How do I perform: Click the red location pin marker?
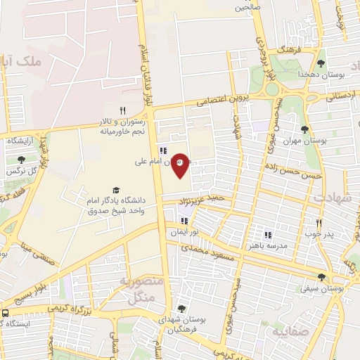tap(180, 165)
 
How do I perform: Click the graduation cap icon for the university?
tap(115, 190)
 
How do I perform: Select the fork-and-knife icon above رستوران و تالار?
tap(122, 110)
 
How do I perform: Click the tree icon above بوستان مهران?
tap(304, 129)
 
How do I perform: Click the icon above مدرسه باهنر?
tap(267, 235)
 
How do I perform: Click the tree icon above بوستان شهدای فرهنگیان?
tap(181, 309)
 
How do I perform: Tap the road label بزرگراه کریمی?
tap(68, 309)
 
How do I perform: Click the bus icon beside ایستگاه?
tap(6, 313)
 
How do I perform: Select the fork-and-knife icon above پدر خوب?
tap(319, 223)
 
